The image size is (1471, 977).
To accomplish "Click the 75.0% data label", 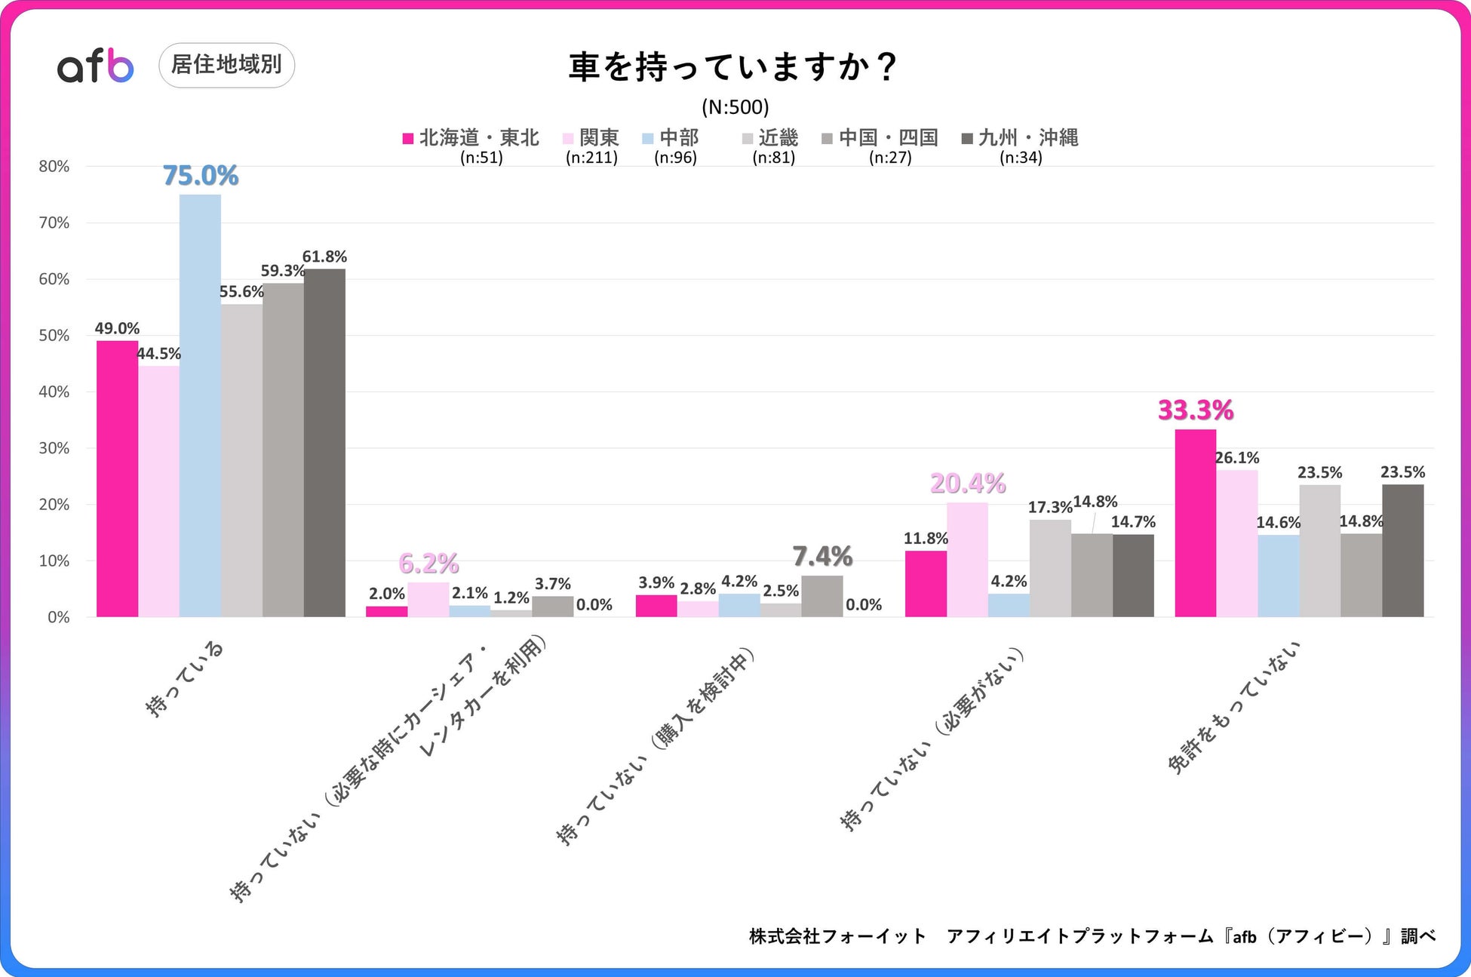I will (201, 176).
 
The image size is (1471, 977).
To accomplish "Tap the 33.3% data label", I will (1196, 410).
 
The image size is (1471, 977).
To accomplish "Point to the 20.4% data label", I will (968, 484).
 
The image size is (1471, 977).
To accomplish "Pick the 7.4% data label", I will (822, 557).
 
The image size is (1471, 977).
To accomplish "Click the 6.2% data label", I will (428, 564).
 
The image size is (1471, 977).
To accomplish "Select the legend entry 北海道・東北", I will (471, 138).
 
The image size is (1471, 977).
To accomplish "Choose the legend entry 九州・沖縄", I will (1020, 138).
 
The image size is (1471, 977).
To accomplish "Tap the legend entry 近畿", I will (770, 138).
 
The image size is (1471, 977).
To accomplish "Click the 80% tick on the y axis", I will (54, 167).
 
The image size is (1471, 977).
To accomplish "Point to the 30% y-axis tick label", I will (54, 448).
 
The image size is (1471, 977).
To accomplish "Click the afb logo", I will (96, 66).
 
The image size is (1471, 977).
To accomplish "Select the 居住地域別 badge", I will (226, 65).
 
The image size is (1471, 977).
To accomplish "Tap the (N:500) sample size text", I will (735, 107).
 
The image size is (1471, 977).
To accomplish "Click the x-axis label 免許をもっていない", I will (1235, 707).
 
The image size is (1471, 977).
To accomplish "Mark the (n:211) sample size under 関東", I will (591, 158).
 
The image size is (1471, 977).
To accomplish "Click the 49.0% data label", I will (117, 329).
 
